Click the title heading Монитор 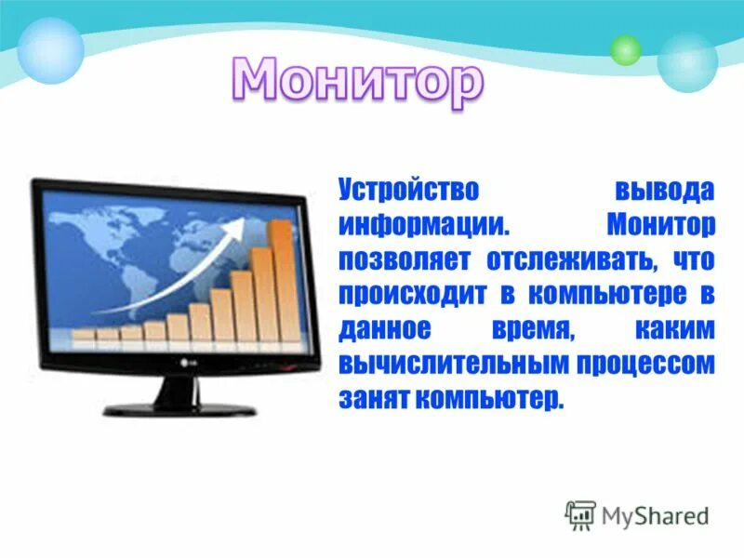tap(358, 82)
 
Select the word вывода tap(663, 191)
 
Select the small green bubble tap(626, 49)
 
